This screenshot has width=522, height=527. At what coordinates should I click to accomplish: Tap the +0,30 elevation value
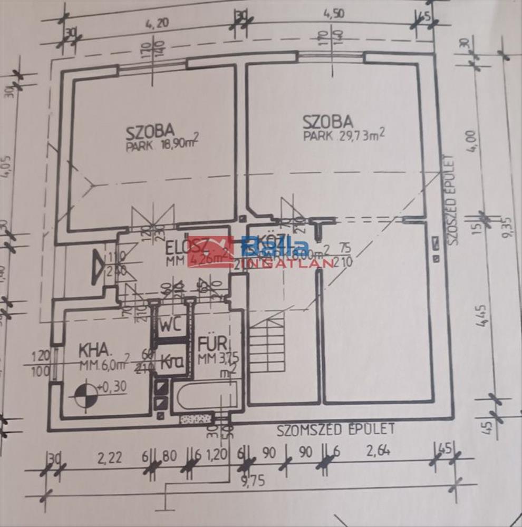tap(112, 386)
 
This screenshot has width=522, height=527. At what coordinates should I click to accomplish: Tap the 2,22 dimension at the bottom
tap(110, 456)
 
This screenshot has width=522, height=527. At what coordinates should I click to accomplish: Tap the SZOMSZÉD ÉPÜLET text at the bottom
tap(336, 430)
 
